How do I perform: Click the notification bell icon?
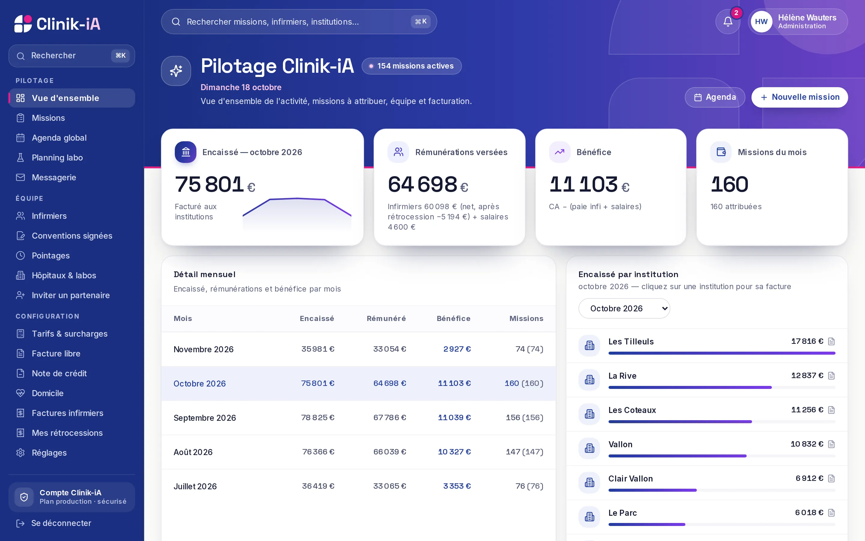[728, 22]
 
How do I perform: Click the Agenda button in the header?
[715, 97]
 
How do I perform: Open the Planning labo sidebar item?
[57, 158]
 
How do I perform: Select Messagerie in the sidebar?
[54, 177]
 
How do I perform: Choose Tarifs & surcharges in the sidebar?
[69, 334]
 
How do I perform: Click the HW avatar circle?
[761, 22]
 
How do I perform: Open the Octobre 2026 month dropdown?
[624, 308]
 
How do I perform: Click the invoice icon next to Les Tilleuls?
[831, 341]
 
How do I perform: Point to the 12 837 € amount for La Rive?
[807, 375]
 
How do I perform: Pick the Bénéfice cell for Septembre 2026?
[454, 417]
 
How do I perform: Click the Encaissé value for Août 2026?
[318, 452]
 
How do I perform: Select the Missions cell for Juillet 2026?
[529, 486]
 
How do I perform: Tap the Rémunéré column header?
[386, 319]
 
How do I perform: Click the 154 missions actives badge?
[411, 66]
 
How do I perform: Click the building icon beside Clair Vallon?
[589, 482]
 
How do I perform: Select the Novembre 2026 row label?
[203, 349]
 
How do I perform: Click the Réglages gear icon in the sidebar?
[20, 453]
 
